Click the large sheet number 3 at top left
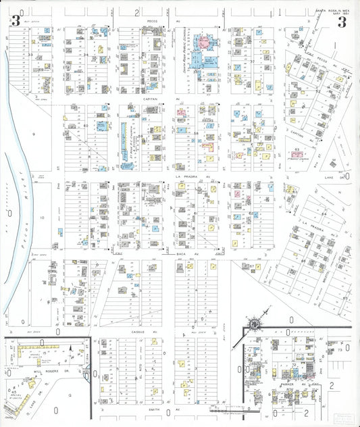[15, 20]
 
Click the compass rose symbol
[253, 324]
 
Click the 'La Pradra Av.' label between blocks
[185, 177]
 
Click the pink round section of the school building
[207, 39]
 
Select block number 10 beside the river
[41, 218]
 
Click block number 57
[252, 267]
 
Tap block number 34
[85, 55]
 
